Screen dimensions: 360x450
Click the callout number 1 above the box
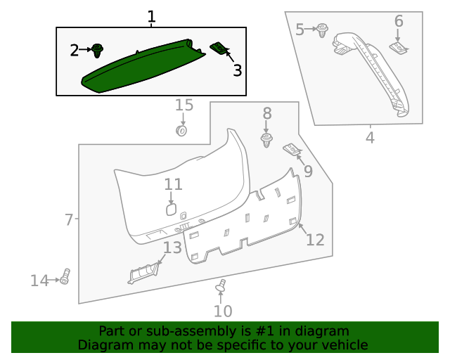pyautogui.click(x=151, y=17)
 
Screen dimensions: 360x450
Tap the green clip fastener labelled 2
pyautogui.click(x=98, y=50)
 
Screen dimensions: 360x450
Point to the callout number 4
pyautogui.click(x=370, y=137)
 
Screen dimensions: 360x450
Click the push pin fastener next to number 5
pyautogui.click(x=323, y=31)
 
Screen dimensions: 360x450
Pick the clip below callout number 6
pyautogui.click(x=399, y=47)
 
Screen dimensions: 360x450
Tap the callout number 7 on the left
pyautogui.click(x=68, y=220)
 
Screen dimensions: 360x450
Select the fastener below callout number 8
pyautogui.click(x=267, y=141)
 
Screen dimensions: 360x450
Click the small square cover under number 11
pyautogui.click(x=171, y=210)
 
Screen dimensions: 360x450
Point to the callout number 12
pyautogui.click(x=315, y=240)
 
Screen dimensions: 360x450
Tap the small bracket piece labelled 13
pyautogui.click(x=144, y=271)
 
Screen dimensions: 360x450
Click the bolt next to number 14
pyautogui.click(x=65, y=277)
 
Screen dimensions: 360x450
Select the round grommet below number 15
pyautogui.click(x=181, y=130)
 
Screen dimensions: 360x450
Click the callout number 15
pyautogui.click(x=184, y=105)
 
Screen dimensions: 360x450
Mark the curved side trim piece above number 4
pyautogui.click(x=373, y=70)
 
